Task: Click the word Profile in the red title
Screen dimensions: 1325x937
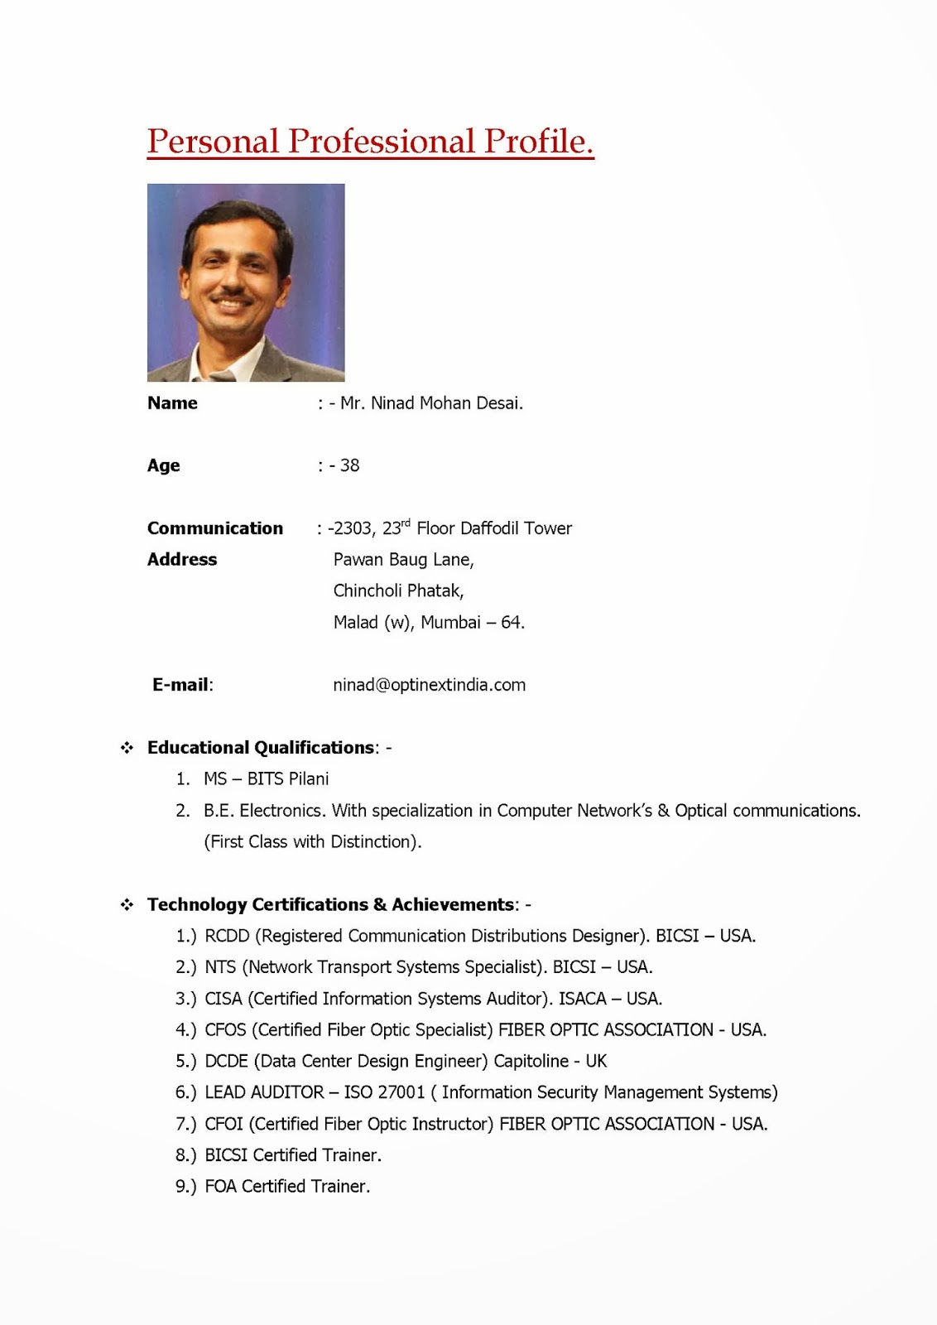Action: pos(538,142)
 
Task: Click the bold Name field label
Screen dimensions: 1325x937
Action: pos(172,403)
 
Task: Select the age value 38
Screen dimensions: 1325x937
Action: pos(349,465)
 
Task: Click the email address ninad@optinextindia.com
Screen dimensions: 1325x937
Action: pos(429,685)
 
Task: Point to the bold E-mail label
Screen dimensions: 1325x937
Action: pos(181,685)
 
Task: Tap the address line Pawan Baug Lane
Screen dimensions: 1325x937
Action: pos(403,560)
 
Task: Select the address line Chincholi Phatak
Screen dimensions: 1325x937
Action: pos(398,591)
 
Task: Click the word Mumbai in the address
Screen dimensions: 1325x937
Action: pos(450,623)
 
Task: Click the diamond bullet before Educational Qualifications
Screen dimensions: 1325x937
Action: pos(127,748)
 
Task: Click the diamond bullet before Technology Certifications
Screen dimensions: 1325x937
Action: pos(127,905)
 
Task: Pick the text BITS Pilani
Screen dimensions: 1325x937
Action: pos(287,779)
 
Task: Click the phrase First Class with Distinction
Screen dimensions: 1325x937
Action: pos(312,842)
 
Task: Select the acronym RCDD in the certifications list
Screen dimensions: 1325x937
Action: pos(227,937)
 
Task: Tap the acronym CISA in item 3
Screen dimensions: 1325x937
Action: pos(223,999)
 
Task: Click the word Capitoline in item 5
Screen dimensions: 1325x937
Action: pos(531,1062)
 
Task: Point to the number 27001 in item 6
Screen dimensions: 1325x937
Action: pos(401,1093)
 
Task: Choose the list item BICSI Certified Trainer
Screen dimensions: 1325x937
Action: pos(293,1155)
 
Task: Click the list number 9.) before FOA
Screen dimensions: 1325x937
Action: pos(185,1187)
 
